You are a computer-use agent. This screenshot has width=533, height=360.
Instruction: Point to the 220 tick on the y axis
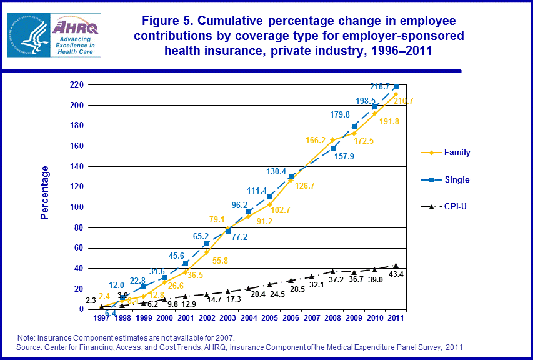tap(77, 85)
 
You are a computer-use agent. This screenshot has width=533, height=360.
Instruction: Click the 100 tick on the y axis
tap(77, 207)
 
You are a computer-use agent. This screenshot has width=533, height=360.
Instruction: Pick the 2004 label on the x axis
tap(249, 319)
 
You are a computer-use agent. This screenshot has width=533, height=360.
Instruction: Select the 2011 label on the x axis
tap(396, 319)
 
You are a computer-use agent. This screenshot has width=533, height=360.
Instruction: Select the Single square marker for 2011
tap(396, 86)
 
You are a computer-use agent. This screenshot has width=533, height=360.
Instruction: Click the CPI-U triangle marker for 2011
tap(396, 266)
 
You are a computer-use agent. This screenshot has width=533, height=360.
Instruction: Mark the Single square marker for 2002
tap(207, 243)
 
